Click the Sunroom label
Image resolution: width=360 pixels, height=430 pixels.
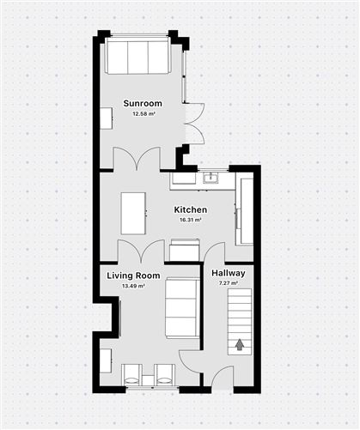tap(143, 103)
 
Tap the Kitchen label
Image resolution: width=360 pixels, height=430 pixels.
tap(191, 209)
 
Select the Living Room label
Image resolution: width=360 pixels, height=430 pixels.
tap(133, 276)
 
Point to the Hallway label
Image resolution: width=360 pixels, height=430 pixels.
tap(229, 273)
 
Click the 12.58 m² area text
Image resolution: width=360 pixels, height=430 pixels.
tap(143, 113)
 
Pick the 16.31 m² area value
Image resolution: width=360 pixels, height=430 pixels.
tap(190, 220)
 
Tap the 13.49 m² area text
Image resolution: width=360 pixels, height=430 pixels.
tap(133, 286)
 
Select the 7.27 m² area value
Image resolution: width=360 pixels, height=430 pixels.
tap(229, 283)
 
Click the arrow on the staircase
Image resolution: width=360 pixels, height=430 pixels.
tap(240, 345)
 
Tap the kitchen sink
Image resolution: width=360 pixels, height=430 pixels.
tap(211, 178)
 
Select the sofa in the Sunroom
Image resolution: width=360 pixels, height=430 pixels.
tap(137, 56)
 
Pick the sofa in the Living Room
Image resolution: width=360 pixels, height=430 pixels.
tap(182, 308)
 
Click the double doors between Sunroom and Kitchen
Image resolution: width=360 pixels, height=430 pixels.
tap(137, 159)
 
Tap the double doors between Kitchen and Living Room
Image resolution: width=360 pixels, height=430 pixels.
tap(141, 251)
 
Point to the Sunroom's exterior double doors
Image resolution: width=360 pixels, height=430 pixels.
tap(194, 124)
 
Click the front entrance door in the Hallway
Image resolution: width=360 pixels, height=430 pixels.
tap(223, 379)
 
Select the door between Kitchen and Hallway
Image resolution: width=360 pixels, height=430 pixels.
tap(214, 252)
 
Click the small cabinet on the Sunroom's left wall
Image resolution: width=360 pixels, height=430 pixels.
tap(106, 118)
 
